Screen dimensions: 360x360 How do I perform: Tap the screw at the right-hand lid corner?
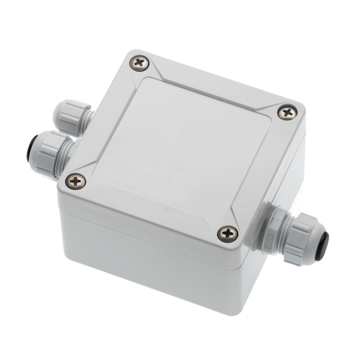pos(287,113)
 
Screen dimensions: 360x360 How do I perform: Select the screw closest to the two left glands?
pos(77,180)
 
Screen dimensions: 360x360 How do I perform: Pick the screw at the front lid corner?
pos(227,233)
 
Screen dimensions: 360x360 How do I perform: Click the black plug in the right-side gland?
pos(326,244)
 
